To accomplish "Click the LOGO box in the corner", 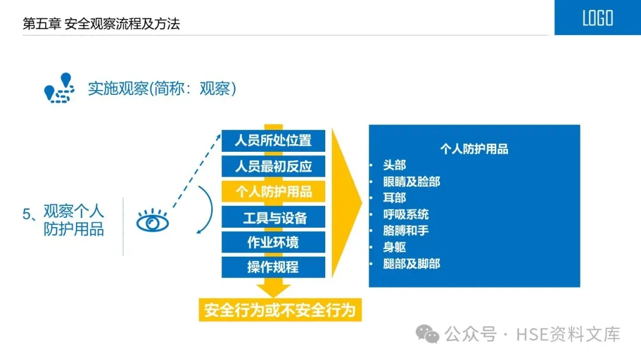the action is pyautogui.click(x=597, y=18).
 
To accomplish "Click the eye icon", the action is pyautogui.click(x=153, y=222).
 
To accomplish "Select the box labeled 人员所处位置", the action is pyautogui.click(x=273, y=141).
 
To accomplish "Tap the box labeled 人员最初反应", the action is pyautogui.click(x=273, y=166).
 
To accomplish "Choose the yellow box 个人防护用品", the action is pyautogui.click(x=273, y=192).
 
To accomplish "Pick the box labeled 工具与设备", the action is pyautogui.click(x=273, y=217).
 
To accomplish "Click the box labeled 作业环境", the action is pyautogui.click(x=273, y=242).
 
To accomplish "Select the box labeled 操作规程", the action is pyautogui.click(x=273, y=267).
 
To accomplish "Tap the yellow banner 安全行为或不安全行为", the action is pyautogui.click(x=280, y=310).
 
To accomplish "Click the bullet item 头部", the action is pyautogui.click(x=395, y=165).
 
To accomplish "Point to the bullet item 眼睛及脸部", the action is pyautogui.click(x=411, y=181).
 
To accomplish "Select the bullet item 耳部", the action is pyautogui.click(x=395, y=197).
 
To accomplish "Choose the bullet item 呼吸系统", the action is pyautogui.click(x=406, y=214).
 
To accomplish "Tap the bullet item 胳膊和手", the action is pyautogui.click(x=406, y=230).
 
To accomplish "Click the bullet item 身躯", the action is pyautogui.click(x=395, y=247).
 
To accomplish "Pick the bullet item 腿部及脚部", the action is pyautogui.click(x=411, y=263).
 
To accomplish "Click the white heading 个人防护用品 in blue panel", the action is pyautogui.click(x=474, y=149).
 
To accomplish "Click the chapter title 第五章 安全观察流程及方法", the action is pyautogui.click(x=101, y=24).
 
